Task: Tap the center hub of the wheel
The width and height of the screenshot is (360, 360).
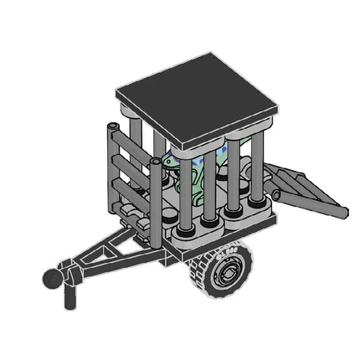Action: [225, 270]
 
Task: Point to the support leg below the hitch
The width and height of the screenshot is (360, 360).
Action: [69, 296]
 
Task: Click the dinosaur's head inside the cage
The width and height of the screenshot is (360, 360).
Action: [171, 160]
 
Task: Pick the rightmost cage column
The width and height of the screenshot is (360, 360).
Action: [256, 167]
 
